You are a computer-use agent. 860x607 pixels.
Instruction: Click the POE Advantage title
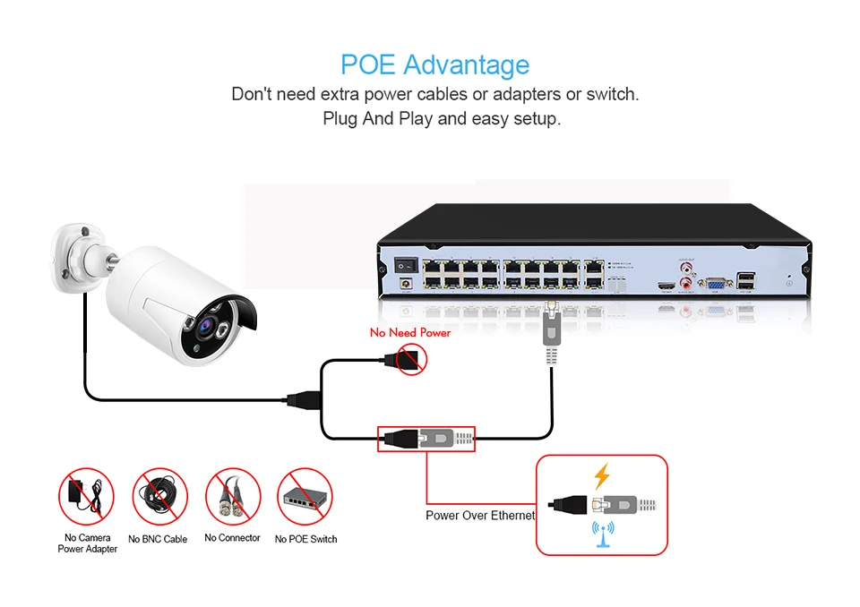click(434, 65)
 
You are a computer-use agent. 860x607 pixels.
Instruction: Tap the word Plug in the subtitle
click(340, 118)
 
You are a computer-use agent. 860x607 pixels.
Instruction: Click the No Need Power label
click(410, 333)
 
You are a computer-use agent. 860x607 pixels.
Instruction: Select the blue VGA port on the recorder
click(715, 284)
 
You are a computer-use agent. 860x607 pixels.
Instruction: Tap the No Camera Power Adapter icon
click(87, 496)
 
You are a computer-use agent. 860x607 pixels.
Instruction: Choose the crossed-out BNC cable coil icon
click(159, 496)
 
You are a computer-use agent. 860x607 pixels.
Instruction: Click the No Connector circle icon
click(232, 496)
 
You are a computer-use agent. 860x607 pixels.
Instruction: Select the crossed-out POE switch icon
click(305, 496)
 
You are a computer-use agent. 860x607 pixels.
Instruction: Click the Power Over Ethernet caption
click(480, 516)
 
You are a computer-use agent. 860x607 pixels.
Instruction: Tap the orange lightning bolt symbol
click(601, 477)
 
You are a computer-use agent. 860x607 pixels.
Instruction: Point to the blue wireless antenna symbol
click(601, 534)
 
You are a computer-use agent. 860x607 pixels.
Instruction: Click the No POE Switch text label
click(305, 539)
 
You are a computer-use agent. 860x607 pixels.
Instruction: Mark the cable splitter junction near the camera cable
click(301, 398)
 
